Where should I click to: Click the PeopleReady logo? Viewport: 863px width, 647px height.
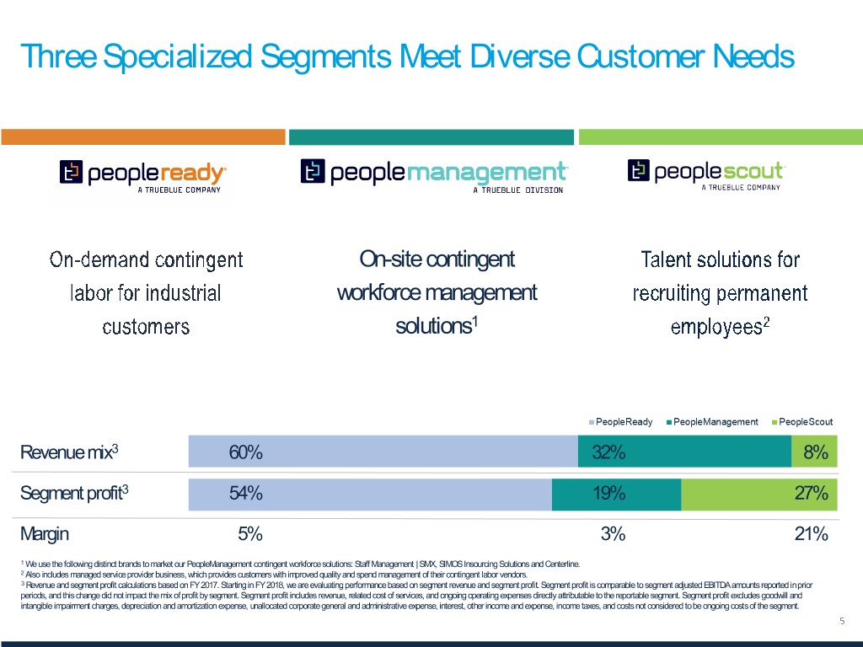[142, 175]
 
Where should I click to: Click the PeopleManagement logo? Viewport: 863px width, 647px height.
[434, 175]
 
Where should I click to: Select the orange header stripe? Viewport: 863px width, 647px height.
[142, 136]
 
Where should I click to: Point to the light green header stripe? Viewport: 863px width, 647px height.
[720, 136]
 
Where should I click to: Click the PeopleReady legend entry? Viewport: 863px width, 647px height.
[622, 421]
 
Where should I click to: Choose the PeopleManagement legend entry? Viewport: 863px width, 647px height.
[712, 421]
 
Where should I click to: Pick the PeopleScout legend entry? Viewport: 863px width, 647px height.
[802, 421]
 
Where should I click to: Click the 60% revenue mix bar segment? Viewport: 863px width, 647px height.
[383, 452]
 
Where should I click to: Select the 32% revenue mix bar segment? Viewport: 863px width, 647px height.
[684, 452]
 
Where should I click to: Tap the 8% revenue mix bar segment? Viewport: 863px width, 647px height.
[814, 452]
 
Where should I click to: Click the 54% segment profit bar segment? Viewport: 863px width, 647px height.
[370, 494]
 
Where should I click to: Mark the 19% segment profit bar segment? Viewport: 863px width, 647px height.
[616, 494]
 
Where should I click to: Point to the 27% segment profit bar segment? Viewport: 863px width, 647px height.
[758, 494]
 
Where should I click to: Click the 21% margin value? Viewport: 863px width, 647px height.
[811, 534]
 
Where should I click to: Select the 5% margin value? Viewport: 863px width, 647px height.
[250, 534]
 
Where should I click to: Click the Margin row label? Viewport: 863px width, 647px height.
[44, 534]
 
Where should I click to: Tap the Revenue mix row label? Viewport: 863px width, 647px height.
[68, 452]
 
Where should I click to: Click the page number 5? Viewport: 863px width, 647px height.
[841, 621]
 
